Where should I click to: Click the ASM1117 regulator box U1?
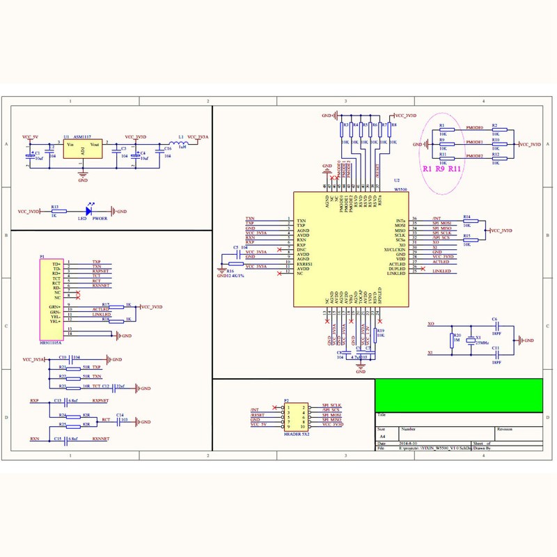coord(82,149)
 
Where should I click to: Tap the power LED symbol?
coord(89,211)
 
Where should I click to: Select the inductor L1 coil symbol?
coord(183,141)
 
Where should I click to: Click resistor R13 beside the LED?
coord(55,211)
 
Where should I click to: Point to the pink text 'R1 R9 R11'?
coord(441,168)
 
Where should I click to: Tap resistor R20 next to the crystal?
coord(450,340)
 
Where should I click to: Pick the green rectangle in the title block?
coord(459,395)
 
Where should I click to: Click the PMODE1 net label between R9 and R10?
coord(474,141)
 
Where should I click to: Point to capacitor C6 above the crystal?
coord(495,323)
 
